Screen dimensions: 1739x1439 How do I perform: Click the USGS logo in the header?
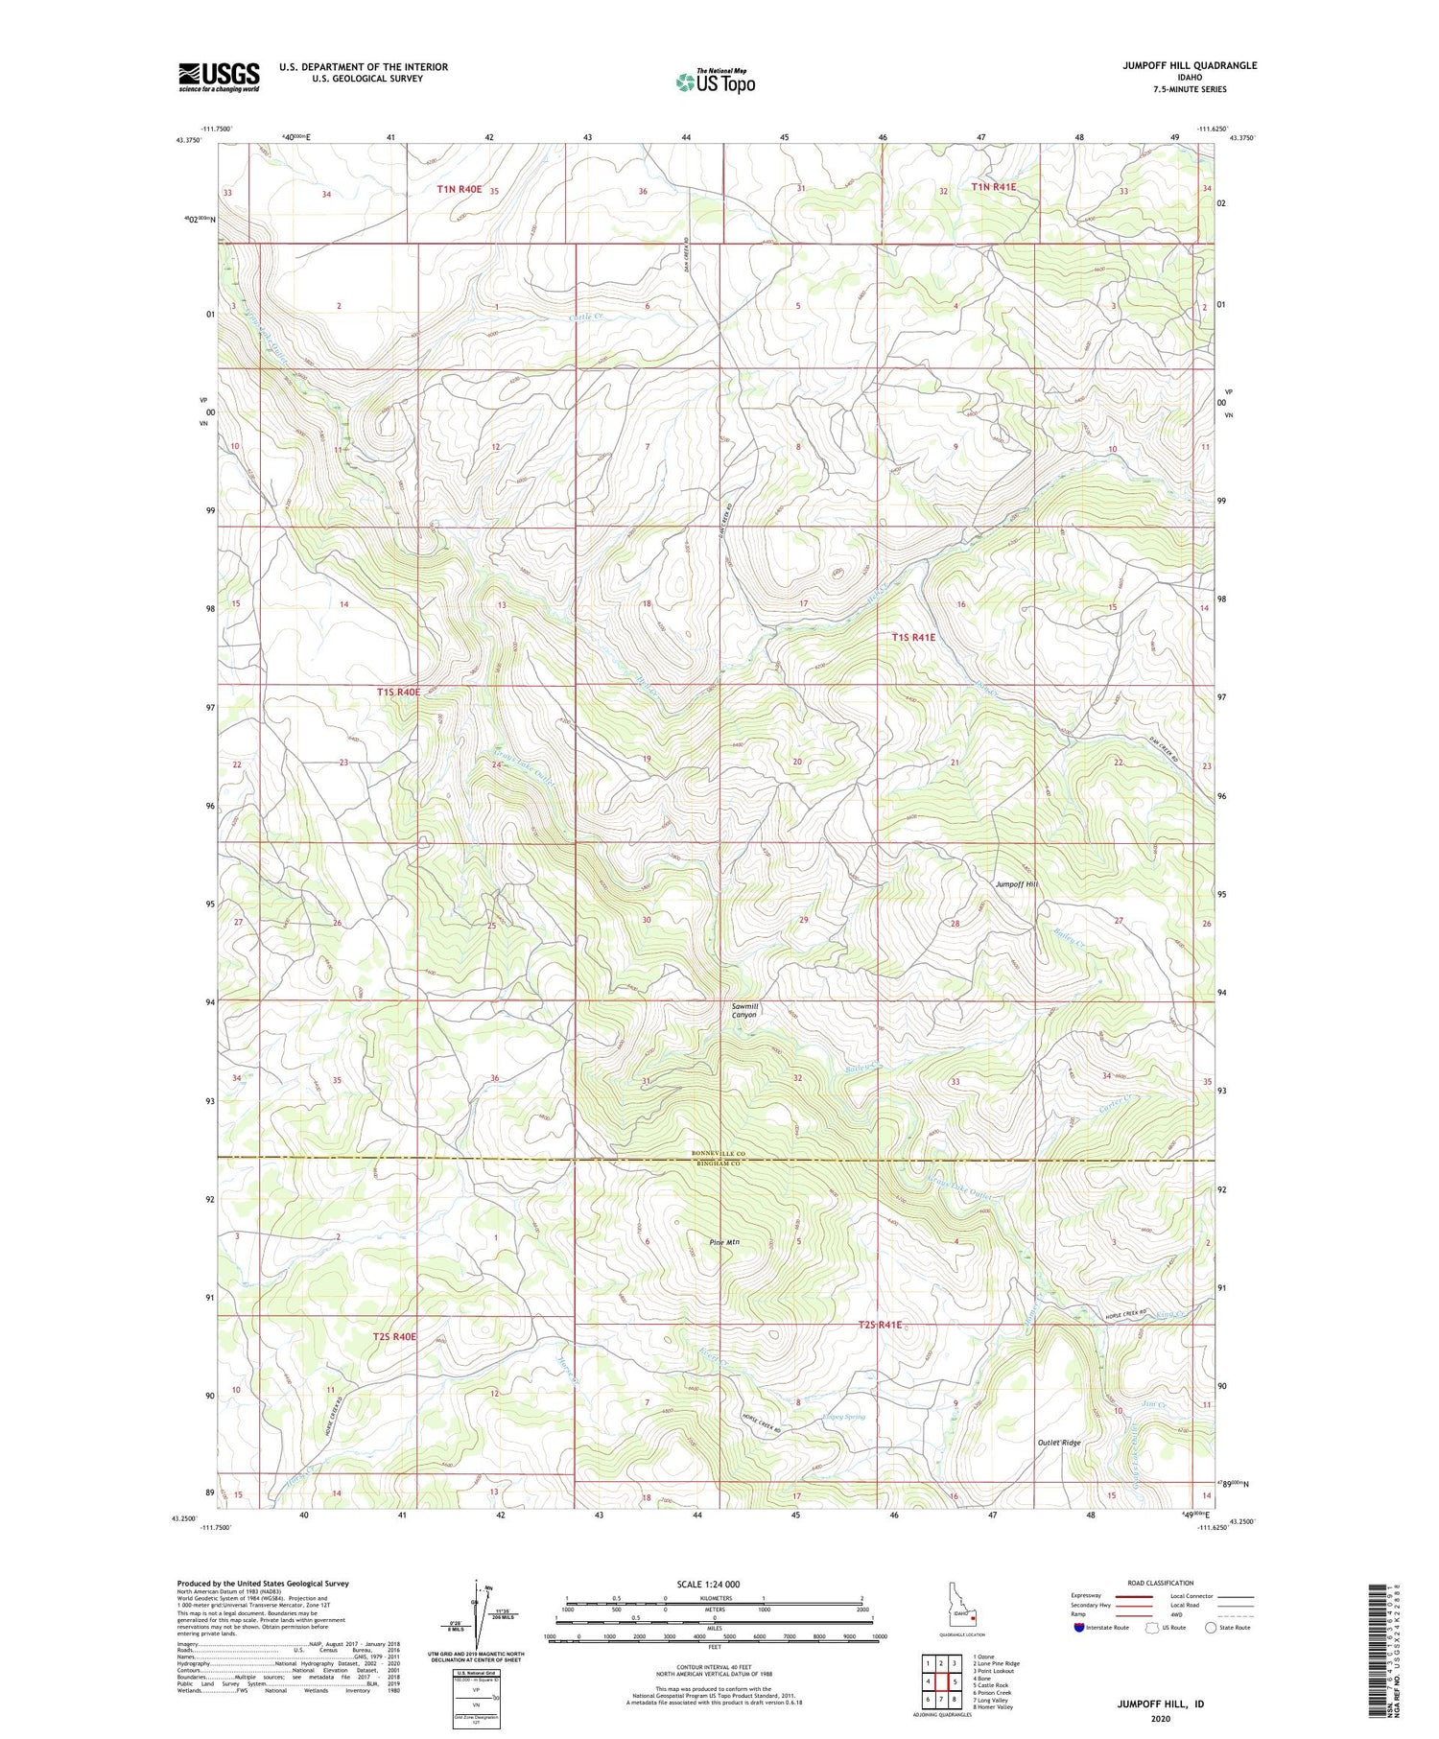219,77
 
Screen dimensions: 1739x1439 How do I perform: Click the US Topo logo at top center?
716,82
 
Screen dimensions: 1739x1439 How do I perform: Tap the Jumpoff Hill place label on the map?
1016,883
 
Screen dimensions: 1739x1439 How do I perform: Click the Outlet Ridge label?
1059,1443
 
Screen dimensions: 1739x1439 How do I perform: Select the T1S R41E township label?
912,637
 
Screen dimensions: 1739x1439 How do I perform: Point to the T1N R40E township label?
460,189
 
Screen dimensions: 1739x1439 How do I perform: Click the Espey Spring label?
843,1417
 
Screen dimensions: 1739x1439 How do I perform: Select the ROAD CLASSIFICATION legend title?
1161,1583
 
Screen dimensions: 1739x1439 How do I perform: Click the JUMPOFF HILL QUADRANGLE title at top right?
1190,65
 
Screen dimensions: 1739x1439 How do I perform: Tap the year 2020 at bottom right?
1160,1719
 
